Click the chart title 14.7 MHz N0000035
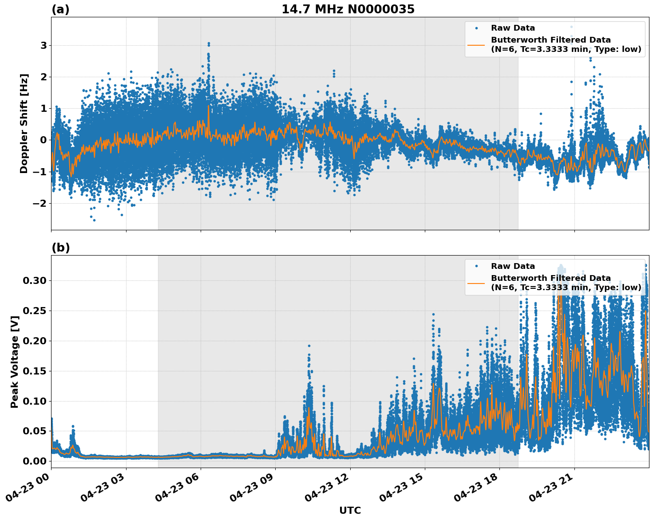(x=348, y=9)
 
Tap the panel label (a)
(x=60, y=9)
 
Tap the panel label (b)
(x=60, y=248)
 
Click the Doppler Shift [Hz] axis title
(x=24, y=123)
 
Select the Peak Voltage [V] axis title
(x=15, y=362)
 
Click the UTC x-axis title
(x=350, y=511)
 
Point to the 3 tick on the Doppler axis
(x=44, y=46)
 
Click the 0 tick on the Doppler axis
(x=44, y=140)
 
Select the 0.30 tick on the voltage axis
(x=34, y=280)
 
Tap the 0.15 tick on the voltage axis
(x=34, y=371)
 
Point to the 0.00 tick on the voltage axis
(x=34, y=461)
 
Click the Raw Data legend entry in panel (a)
(x=513, y=28)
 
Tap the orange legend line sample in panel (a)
(x=476, y=45)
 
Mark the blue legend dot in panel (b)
(x=476, y=266)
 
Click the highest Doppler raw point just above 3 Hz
(x=209, y=43)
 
